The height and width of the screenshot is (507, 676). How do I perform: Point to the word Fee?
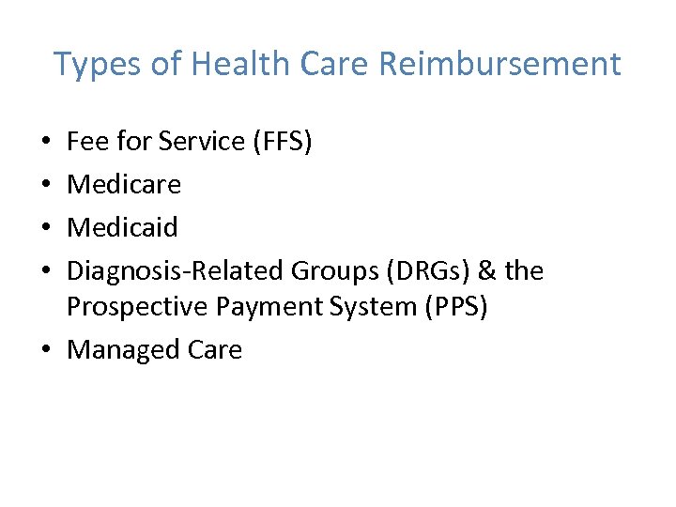[x=87, y=141]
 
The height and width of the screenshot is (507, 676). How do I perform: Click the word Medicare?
[x=124, y=184]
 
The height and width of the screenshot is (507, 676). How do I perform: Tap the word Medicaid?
[x=123, y=227]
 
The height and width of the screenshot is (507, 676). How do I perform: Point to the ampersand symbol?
[x=486, y=270]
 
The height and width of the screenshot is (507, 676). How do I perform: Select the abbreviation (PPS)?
[x=454, y=307]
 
